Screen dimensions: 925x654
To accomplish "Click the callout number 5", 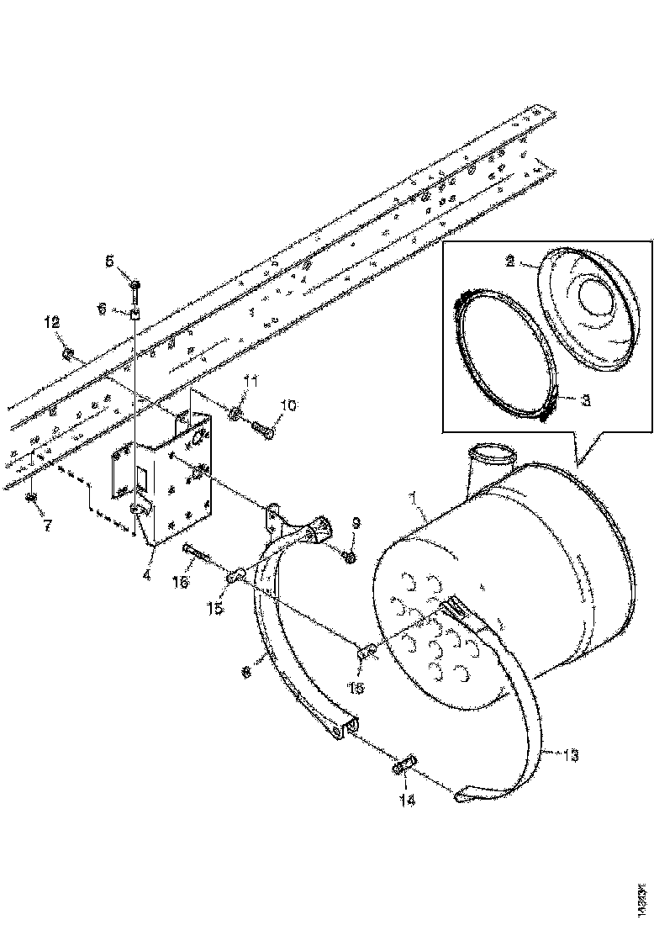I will pos(109,262).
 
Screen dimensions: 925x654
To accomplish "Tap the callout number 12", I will pos(52,322).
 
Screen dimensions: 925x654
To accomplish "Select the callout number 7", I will pos(47,526).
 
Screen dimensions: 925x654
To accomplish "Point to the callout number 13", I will pos(569,756).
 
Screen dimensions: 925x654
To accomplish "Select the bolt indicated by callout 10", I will pos(262,431).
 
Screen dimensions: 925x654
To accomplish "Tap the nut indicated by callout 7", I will pos(31,498).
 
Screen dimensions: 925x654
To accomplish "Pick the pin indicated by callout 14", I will pos(404,765).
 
